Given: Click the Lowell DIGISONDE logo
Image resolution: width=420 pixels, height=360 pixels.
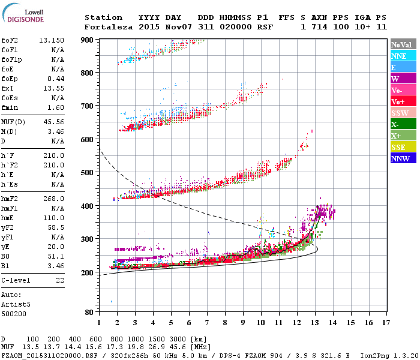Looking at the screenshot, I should (x=23, y=14).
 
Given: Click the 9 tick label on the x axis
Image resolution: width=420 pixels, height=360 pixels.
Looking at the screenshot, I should (x=243, y=322).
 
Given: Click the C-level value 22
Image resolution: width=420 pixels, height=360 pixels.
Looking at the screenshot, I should (x=60, y=280).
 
